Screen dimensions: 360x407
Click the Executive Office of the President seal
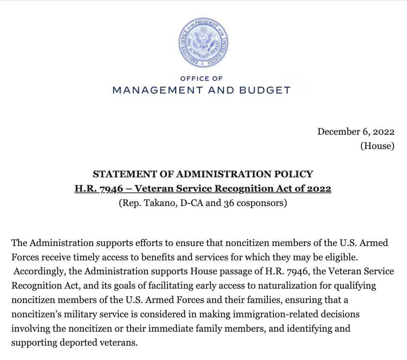click(203, 43)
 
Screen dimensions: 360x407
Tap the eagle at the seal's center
click(203, 43)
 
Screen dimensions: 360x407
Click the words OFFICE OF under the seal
click(202, 78)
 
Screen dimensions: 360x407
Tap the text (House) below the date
click(377, 146)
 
